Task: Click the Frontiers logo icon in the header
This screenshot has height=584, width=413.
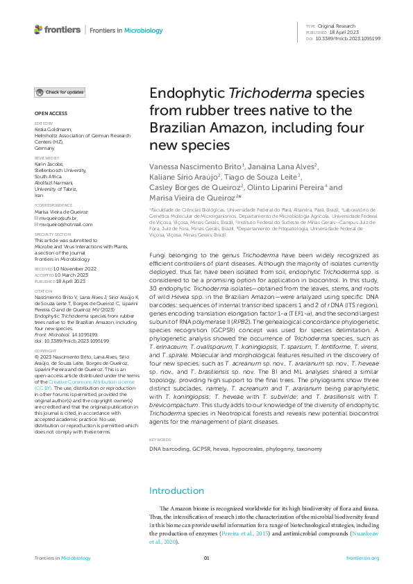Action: [38, 30]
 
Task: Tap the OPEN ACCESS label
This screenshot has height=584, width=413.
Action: [51, 113]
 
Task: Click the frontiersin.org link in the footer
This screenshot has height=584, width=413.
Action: [362, 558]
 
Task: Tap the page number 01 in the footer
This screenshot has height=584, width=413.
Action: [206, 558]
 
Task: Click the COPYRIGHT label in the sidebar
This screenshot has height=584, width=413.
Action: [46, 351]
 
